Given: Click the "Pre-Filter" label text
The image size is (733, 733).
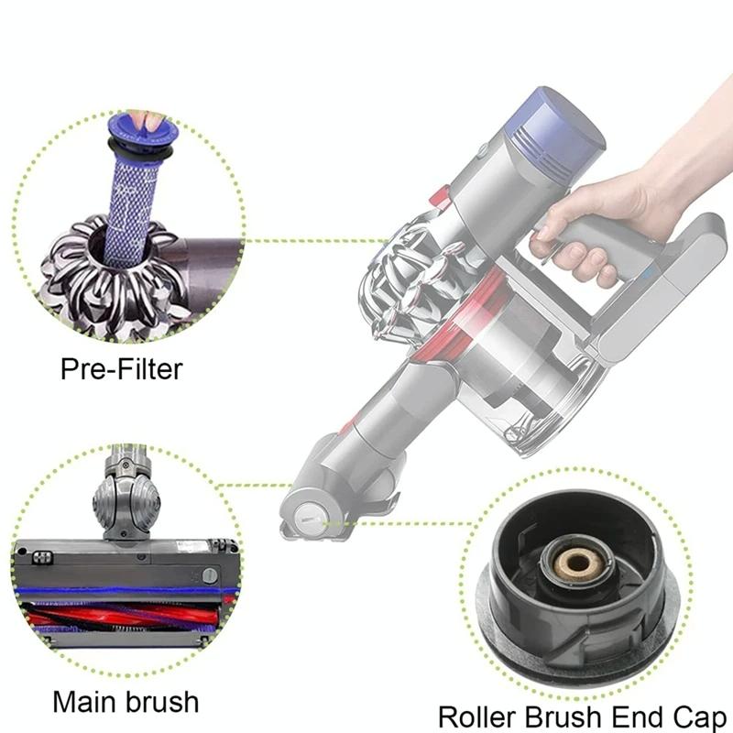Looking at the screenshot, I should coord(121,369).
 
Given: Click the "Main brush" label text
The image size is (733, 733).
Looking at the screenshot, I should coord(125,702).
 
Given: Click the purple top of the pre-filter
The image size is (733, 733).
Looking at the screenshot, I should coord(137,135).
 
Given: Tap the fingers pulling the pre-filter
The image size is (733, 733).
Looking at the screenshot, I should coord(140,119).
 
